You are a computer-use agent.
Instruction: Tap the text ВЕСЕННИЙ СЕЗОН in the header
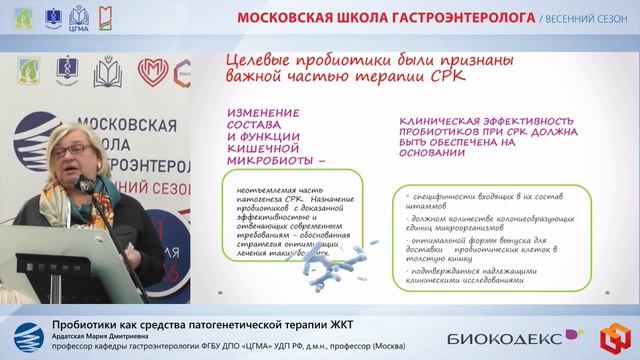tap(589, 19)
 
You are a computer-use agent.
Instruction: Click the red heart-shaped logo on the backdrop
tap(149, 71)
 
